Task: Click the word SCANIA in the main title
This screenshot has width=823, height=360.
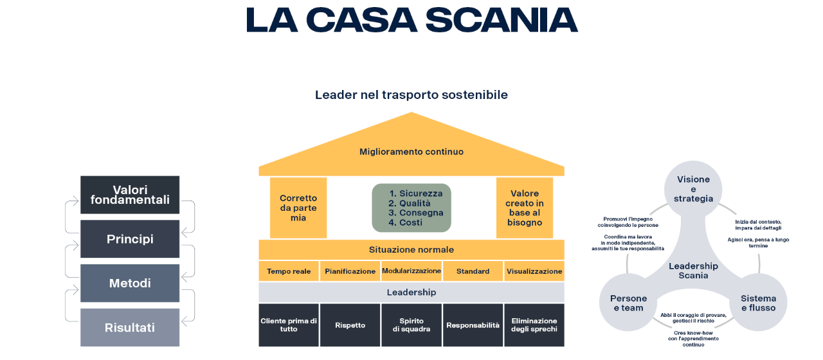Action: click(x=502, y=20)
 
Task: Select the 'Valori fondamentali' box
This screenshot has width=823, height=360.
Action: click(x=130, y=195)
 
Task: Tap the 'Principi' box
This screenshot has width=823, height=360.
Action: click(x=130, y=239)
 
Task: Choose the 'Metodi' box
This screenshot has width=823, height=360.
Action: click(x=130, y=283)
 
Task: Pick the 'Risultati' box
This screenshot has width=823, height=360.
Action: click(x=130, y=327)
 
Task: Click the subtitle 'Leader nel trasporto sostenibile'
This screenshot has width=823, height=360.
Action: click(x=411, y=95)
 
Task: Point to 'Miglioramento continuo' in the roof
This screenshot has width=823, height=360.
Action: click(x=411, y=152)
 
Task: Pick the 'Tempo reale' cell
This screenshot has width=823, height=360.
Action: click(x=289, y=271)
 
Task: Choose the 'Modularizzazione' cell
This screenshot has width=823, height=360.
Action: click(x=411, y=271)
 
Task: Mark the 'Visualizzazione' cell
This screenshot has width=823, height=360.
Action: click(x=534, y=271)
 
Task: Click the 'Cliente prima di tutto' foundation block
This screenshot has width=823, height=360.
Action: click(x=289, y=325)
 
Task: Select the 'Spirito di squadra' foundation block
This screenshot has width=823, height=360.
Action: click(x=411, y=325)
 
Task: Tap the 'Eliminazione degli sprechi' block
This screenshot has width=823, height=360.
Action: click(x=534, y=325)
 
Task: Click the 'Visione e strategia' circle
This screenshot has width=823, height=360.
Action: click(x=693, y=189)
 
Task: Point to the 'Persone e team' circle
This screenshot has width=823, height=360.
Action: click(x=628, y=303)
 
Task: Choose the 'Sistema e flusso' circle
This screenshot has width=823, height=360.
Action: click(x=758, y=303)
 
